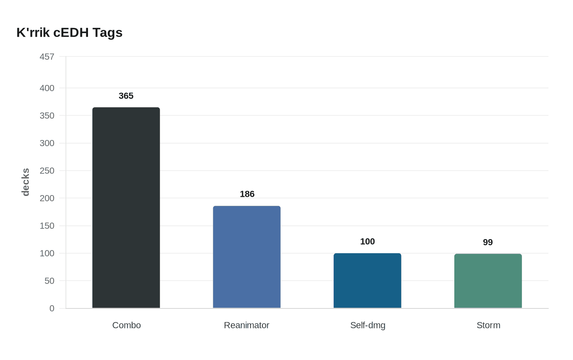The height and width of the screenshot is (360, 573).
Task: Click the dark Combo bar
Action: [x=126, y=208]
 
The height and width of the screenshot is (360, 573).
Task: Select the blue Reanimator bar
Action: [x=247, y=257]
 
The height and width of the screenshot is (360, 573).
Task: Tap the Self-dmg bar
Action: [x=368, y=281]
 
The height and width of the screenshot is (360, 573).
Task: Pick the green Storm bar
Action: [x=488, y=281]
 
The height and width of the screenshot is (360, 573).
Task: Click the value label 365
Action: [x=126, y=96]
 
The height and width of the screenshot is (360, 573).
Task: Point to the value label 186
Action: [x=247, y=194]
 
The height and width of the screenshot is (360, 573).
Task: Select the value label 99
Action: [x=488, y=242]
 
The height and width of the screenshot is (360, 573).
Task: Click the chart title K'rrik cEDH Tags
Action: [x=70, y=32]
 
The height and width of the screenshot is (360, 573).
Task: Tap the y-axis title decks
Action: [x=25, y=182]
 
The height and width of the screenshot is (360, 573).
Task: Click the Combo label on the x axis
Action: [x=126, y=325]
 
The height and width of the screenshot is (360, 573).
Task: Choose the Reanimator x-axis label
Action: [x=246, y=325]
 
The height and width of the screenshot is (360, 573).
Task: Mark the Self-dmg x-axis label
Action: [x=368, y=325]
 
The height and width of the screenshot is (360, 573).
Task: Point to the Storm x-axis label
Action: [x=488, y=325]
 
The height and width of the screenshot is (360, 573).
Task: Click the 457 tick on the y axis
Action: [x=47, y=57]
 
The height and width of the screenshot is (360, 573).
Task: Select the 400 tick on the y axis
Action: [x=47, y=88]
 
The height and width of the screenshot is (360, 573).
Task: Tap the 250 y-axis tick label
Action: [x=47, y=171]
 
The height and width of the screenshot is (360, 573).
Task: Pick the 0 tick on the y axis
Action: [x=52, y=308]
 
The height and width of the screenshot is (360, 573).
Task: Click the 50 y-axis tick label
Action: [x=50, y=281]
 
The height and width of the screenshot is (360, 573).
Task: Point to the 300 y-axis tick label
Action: [x=47, y=143]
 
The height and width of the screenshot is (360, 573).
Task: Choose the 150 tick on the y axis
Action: [x=47, y=226]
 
